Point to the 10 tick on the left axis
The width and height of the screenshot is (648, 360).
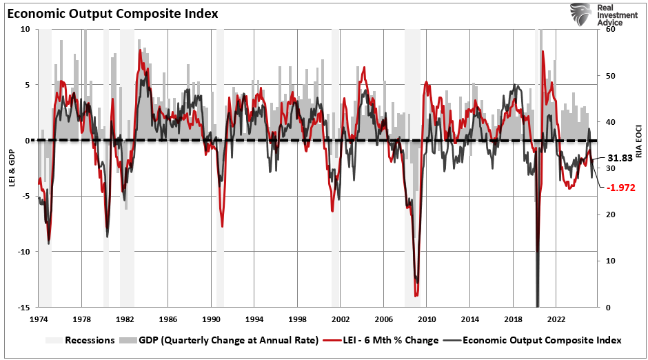pos(26,29)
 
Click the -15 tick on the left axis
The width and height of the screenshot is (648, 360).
pos(24,307)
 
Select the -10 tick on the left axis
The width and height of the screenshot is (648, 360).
pos(24,252)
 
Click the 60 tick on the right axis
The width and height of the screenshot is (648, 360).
pos(610,29)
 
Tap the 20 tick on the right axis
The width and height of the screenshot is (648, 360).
pos(610,214)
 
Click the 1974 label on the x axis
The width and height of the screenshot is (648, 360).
pos(38,320)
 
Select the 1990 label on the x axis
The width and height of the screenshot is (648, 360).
pos(211,320)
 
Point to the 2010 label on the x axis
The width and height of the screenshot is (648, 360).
pos(427,320)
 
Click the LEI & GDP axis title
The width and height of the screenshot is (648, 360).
pos(10,168)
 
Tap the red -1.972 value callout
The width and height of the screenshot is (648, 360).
pos(620,187)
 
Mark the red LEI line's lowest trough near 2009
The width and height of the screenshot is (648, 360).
pos(416,296)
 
